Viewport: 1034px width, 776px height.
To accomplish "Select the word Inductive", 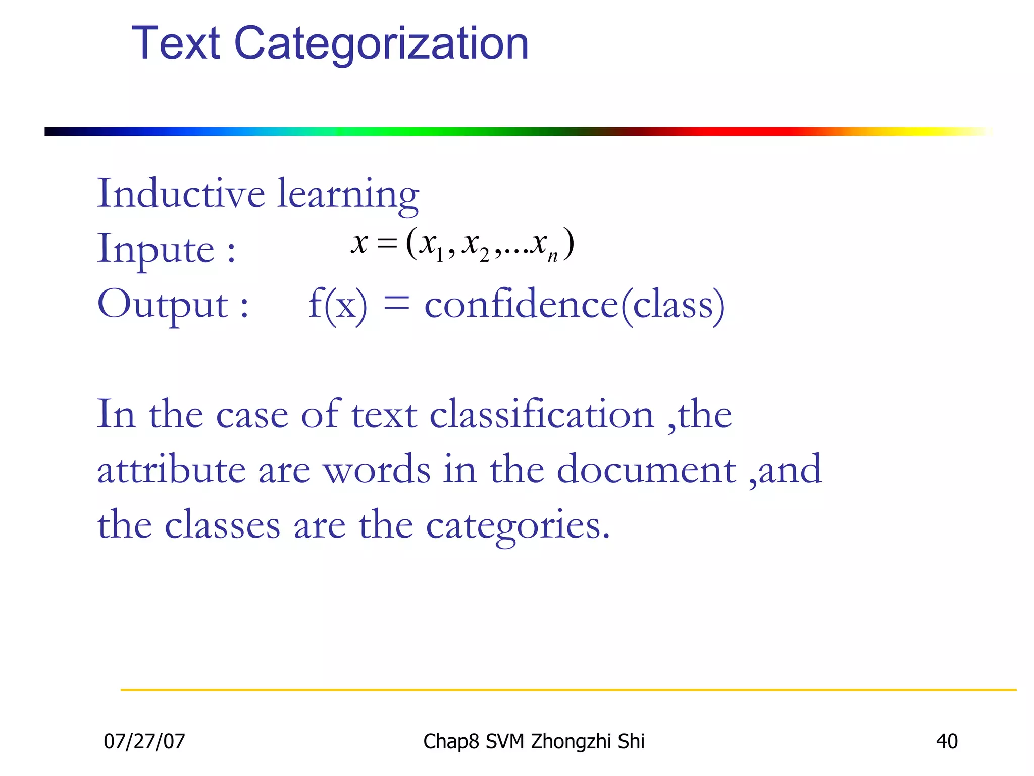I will (181, 193).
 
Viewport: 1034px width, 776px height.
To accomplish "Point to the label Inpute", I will (156, 250).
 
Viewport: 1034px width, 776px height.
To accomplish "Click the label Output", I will (163, 305).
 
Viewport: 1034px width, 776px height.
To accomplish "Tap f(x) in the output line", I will (338, 305).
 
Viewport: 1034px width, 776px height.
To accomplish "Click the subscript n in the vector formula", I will (552, 256).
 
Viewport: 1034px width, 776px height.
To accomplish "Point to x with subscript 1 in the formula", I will (431, 245).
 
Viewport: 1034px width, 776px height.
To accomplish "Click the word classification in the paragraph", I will (542, 415).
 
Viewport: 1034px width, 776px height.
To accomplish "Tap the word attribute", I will (171, 470).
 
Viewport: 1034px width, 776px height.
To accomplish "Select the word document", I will (646, 470).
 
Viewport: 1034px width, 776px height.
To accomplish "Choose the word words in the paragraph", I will (377, 470).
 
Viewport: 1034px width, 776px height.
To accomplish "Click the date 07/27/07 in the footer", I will (144, 741).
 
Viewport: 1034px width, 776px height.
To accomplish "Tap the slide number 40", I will (947, 741).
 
